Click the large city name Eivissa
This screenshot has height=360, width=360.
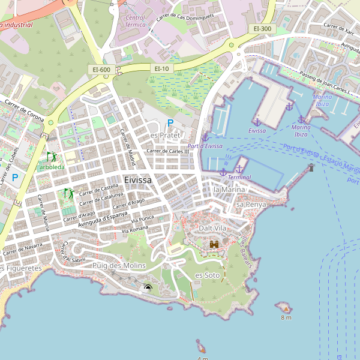coord(138,179)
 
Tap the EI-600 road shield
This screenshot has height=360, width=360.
coord(101,70)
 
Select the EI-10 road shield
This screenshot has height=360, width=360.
coord(162,69)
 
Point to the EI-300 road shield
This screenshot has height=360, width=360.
coord(262,28)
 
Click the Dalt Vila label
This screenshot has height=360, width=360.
coord(213,229)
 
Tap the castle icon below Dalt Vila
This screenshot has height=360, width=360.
coord(214,245)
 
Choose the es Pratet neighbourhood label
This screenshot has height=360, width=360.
coord(165,136)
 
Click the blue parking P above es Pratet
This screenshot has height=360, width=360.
coord(170,124)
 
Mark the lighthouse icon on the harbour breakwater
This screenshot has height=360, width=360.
coord(311,167)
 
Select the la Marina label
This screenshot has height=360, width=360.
coord(229,190)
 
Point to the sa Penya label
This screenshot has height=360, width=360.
coord(251,205)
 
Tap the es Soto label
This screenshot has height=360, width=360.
coord(208,275)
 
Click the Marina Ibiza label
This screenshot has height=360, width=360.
coord(322,100)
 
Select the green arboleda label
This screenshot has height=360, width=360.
coord(52,167)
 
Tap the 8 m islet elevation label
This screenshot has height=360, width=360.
coord(286,317)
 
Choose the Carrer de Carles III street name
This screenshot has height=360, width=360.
coord(172,151)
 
